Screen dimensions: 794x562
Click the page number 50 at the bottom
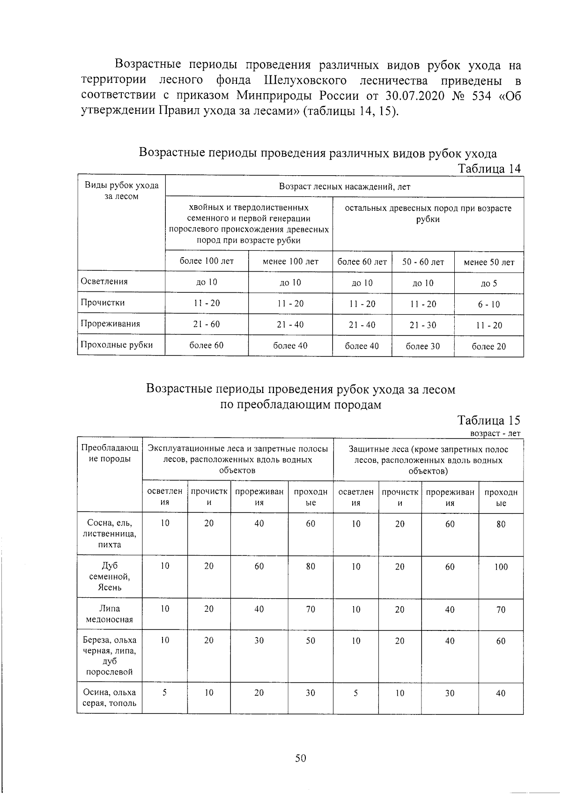point(300,758)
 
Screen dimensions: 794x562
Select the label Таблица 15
point(489,420)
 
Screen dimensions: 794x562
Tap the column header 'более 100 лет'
point(207,261)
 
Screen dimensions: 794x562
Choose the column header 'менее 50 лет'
point(488,262)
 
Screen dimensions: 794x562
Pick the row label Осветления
point(104,282)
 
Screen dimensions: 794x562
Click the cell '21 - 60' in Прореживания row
point(207,324)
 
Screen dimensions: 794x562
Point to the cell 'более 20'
point(488,347)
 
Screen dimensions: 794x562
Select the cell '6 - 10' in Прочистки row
point(488,304)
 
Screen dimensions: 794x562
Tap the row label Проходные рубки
point(117,345)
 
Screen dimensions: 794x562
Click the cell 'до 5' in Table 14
point(488,283)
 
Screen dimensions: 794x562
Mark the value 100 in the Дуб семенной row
point(501,567)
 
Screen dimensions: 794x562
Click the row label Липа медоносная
point(110,614)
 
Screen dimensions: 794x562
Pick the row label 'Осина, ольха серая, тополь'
point(110,698)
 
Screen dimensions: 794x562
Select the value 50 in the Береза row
point(311,640)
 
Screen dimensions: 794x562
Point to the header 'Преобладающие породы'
point(110,453)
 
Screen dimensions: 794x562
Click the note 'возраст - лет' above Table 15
point(495,434)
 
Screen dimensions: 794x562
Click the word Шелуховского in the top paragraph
point(305,80)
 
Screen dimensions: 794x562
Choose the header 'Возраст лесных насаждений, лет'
point(344,186)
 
